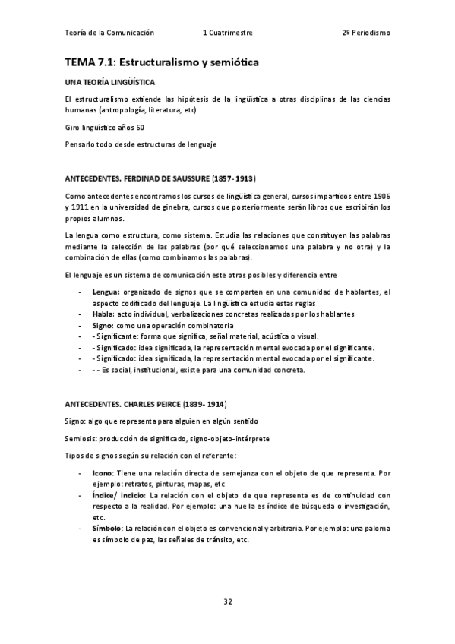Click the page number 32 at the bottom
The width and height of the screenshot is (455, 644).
[x=227, y=602]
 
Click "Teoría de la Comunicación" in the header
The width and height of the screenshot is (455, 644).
[x=111, y=33]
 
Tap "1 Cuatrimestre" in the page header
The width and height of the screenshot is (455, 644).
[x=228, y=33]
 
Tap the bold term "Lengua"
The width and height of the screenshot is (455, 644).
[x=105, y=292]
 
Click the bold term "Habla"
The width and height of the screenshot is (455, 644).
[x=103, y=314]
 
